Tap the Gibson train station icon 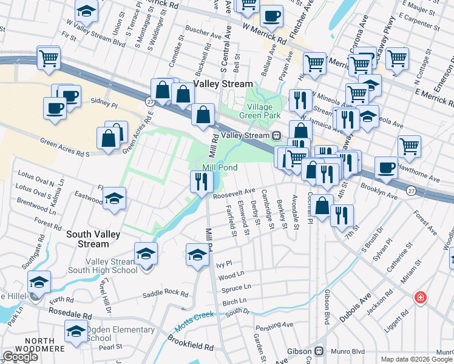pyautogui.click(x=317, y=351)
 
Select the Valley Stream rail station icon pyautogui.click(x=276, y=136)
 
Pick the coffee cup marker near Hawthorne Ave pyautogui.click(x=386, y=167)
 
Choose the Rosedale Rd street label pyautogui.click(x=71, y=316)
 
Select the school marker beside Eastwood pyautogui.click(x=113, y=200)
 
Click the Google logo pyautogui.click(x=21, y=357)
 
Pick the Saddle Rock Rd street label pyautogui.click(x=165, y=294)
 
